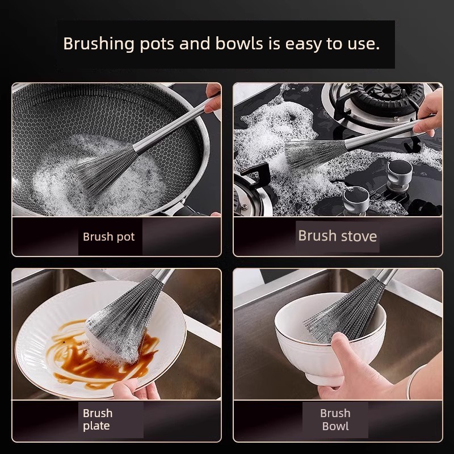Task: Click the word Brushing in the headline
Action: coord(99,44)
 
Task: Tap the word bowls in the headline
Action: coord(239,44)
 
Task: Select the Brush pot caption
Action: coord(108,237)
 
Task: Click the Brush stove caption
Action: coord(337,236)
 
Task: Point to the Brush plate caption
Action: coord(98,419)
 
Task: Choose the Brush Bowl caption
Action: coord(335,419)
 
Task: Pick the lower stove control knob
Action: coord(356,200)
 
